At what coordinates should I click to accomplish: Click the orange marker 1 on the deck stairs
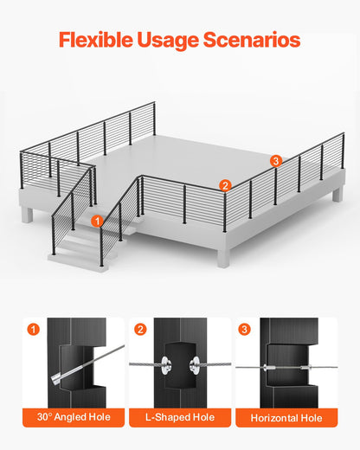[x=97, y=222]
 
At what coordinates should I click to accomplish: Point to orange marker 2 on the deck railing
[x=224, y=184]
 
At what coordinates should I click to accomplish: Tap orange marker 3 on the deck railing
[x=275, y=160]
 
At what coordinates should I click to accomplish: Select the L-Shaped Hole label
[x=179, y=418]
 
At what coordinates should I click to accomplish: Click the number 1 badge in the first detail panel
[x=34, y=329]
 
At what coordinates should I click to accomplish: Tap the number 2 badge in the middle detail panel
[x=141, y=329]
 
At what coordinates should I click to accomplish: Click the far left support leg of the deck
[x=29, y=215]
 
